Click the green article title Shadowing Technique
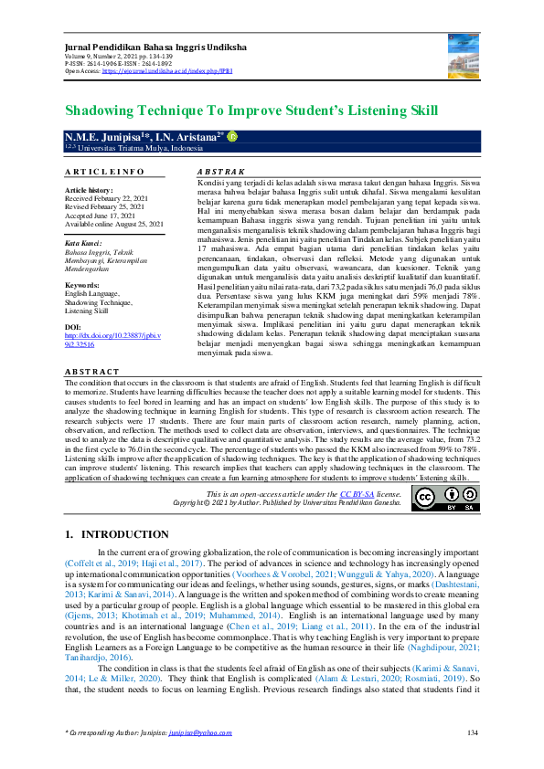251,111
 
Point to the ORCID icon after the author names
231,136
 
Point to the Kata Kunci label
83,243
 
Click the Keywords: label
83,285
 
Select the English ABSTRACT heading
92,372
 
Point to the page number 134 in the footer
473,732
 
